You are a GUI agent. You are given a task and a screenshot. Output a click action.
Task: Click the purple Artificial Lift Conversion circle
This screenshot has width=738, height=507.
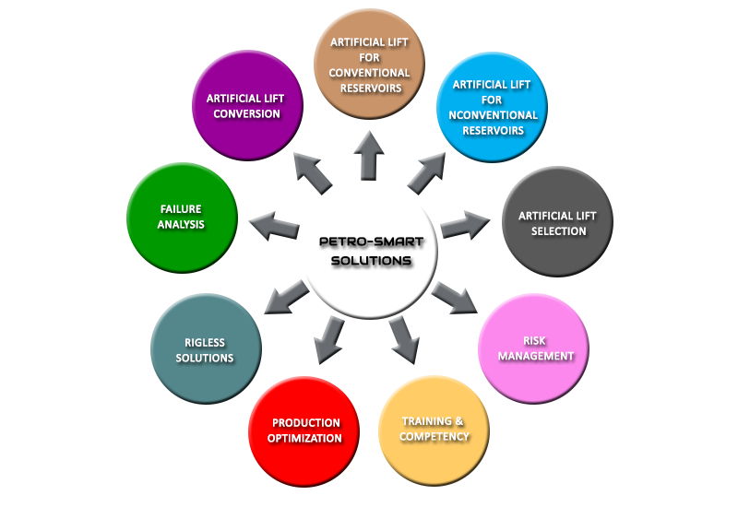click(x=247, y=105)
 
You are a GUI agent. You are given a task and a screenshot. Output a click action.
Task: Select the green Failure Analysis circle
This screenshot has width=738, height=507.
click(x=182, y=218)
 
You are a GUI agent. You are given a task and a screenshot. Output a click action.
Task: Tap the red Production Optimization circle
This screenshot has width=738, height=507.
click(x=304, y=431)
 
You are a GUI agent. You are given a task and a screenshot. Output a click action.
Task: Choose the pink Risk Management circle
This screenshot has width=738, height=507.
click(x=534, y=348)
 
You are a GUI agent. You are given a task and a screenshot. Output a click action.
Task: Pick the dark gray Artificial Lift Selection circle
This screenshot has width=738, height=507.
click(x=558, y=221)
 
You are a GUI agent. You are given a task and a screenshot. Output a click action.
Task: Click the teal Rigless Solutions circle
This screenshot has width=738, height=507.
click(x=206, y=348)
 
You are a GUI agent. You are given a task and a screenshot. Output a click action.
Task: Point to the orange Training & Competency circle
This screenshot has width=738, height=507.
click(x=434, y=430)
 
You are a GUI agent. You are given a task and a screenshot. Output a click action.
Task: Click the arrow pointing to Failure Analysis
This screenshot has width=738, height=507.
click(x=274, y=226)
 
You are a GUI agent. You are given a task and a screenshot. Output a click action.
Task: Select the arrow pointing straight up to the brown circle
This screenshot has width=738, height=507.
click(x=369, y=156)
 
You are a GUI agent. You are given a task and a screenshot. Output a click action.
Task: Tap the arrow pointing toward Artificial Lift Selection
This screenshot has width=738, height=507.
click(x=465, y=225)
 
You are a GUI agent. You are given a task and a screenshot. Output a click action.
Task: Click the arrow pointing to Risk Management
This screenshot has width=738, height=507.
click(x=455, y=298)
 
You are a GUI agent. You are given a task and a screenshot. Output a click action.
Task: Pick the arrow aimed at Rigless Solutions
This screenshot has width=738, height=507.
click(x=287, y=297)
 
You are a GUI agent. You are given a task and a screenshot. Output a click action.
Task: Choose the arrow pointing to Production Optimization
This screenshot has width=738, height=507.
click(x=328, y=339)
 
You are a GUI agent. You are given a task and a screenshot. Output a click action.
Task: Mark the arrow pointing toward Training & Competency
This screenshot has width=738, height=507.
click(x=404, y=340)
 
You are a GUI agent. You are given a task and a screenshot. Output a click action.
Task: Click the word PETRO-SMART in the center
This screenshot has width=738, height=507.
click(x=372, y=242)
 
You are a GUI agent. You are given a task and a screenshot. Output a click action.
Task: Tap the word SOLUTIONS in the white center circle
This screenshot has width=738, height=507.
click(x=372, y=261)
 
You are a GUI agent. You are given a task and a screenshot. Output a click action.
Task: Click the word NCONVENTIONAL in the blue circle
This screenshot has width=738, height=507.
click(x=493, y=115)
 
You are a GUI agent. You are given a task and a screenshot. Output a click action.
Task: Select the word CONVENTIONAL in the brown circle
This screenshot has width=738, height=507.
click(x=370, y=73)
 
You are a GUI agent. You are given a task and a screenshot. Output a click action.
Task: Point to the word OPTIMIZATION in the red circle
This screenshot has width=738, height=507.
click(x=304, y=439)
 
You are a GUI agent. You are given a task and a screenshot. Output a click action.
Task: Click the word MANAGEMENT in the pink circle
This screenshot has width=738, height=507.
click(x=536, y=356)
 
